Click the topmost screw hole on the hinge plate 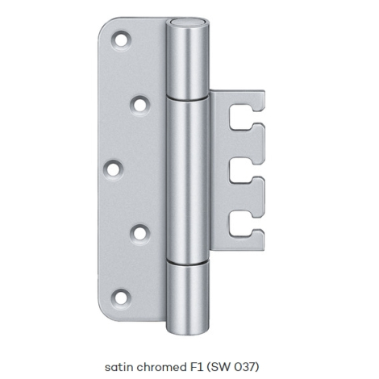coord(121,40)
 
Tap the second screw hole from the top coord(140,105)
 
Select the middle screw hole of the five coord(114,169)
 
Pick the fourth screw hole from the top coord(140,234)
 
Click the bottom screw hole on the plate coord(121,298)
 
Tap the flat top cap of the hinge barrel coord(187,23)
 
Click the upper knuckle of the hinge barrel coord(187,58)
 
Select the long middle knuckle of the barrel coord(187,180)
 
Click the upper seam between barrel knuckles coord(187,98)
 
